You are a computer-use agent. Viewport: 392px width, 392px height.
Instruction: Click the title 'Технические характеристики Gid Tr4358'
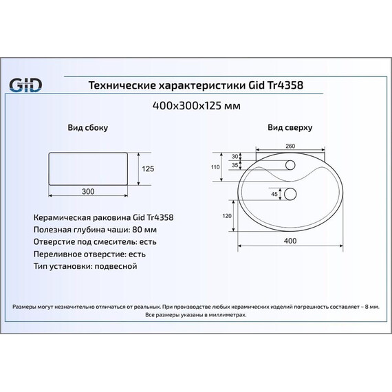pos(196,85)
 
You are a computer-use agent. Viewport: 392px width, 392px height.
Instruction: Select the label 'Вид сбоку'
pos(87,128)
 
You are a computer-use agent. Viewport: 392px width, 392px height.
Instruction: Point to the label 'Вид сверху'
pos(290,128)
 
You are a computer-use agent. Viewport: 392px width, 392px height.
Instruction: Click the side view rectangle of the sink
pos(87,168)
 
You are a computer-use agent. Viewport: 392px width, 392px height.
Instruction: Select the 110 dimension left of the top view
pos(215,167)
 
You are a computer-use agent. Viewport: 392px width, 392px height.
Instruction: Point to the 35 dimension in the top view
pos(235,166)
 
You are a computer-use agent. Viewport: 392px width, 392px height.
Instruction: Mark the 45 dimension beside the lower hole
pos(274,195)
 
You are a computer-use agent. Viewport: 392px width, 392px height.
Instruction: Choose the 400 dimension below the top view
pos(290,241)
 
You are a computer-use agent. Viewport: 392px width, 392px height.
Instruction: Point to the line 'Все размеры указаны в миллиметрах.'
pos(196,314)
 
